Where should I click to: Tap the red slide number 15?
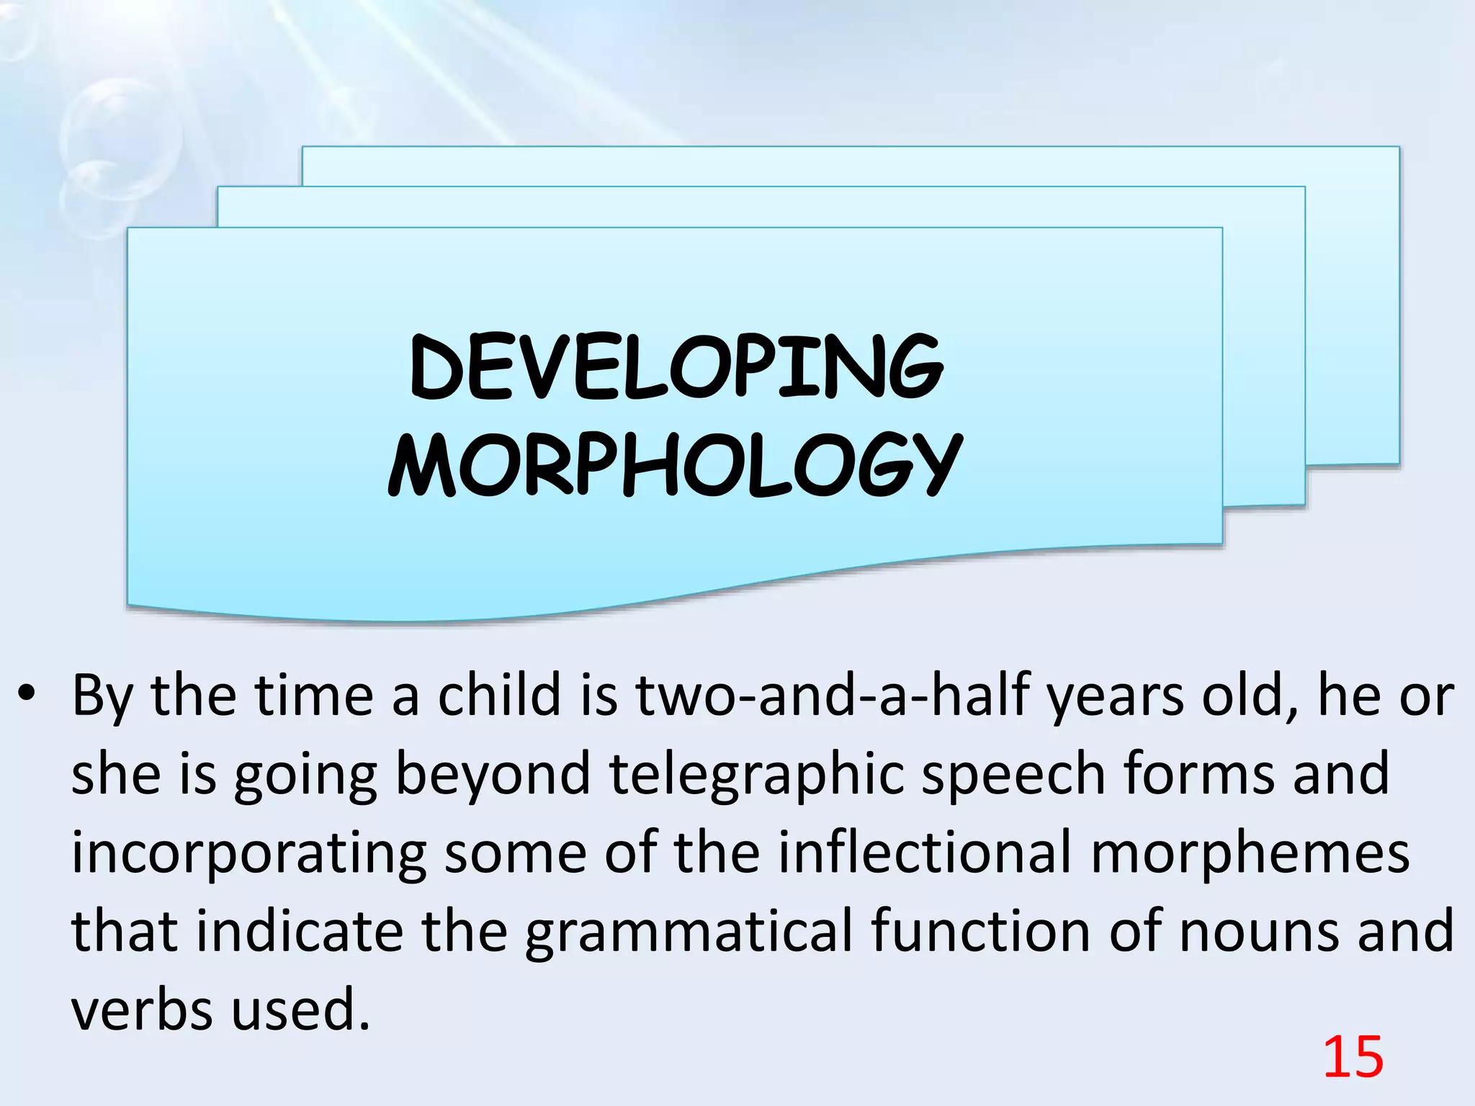point(1353,1057)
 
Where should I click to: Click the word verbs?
point(143,1010)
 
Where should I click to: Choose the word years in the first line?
point(1114,697)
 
